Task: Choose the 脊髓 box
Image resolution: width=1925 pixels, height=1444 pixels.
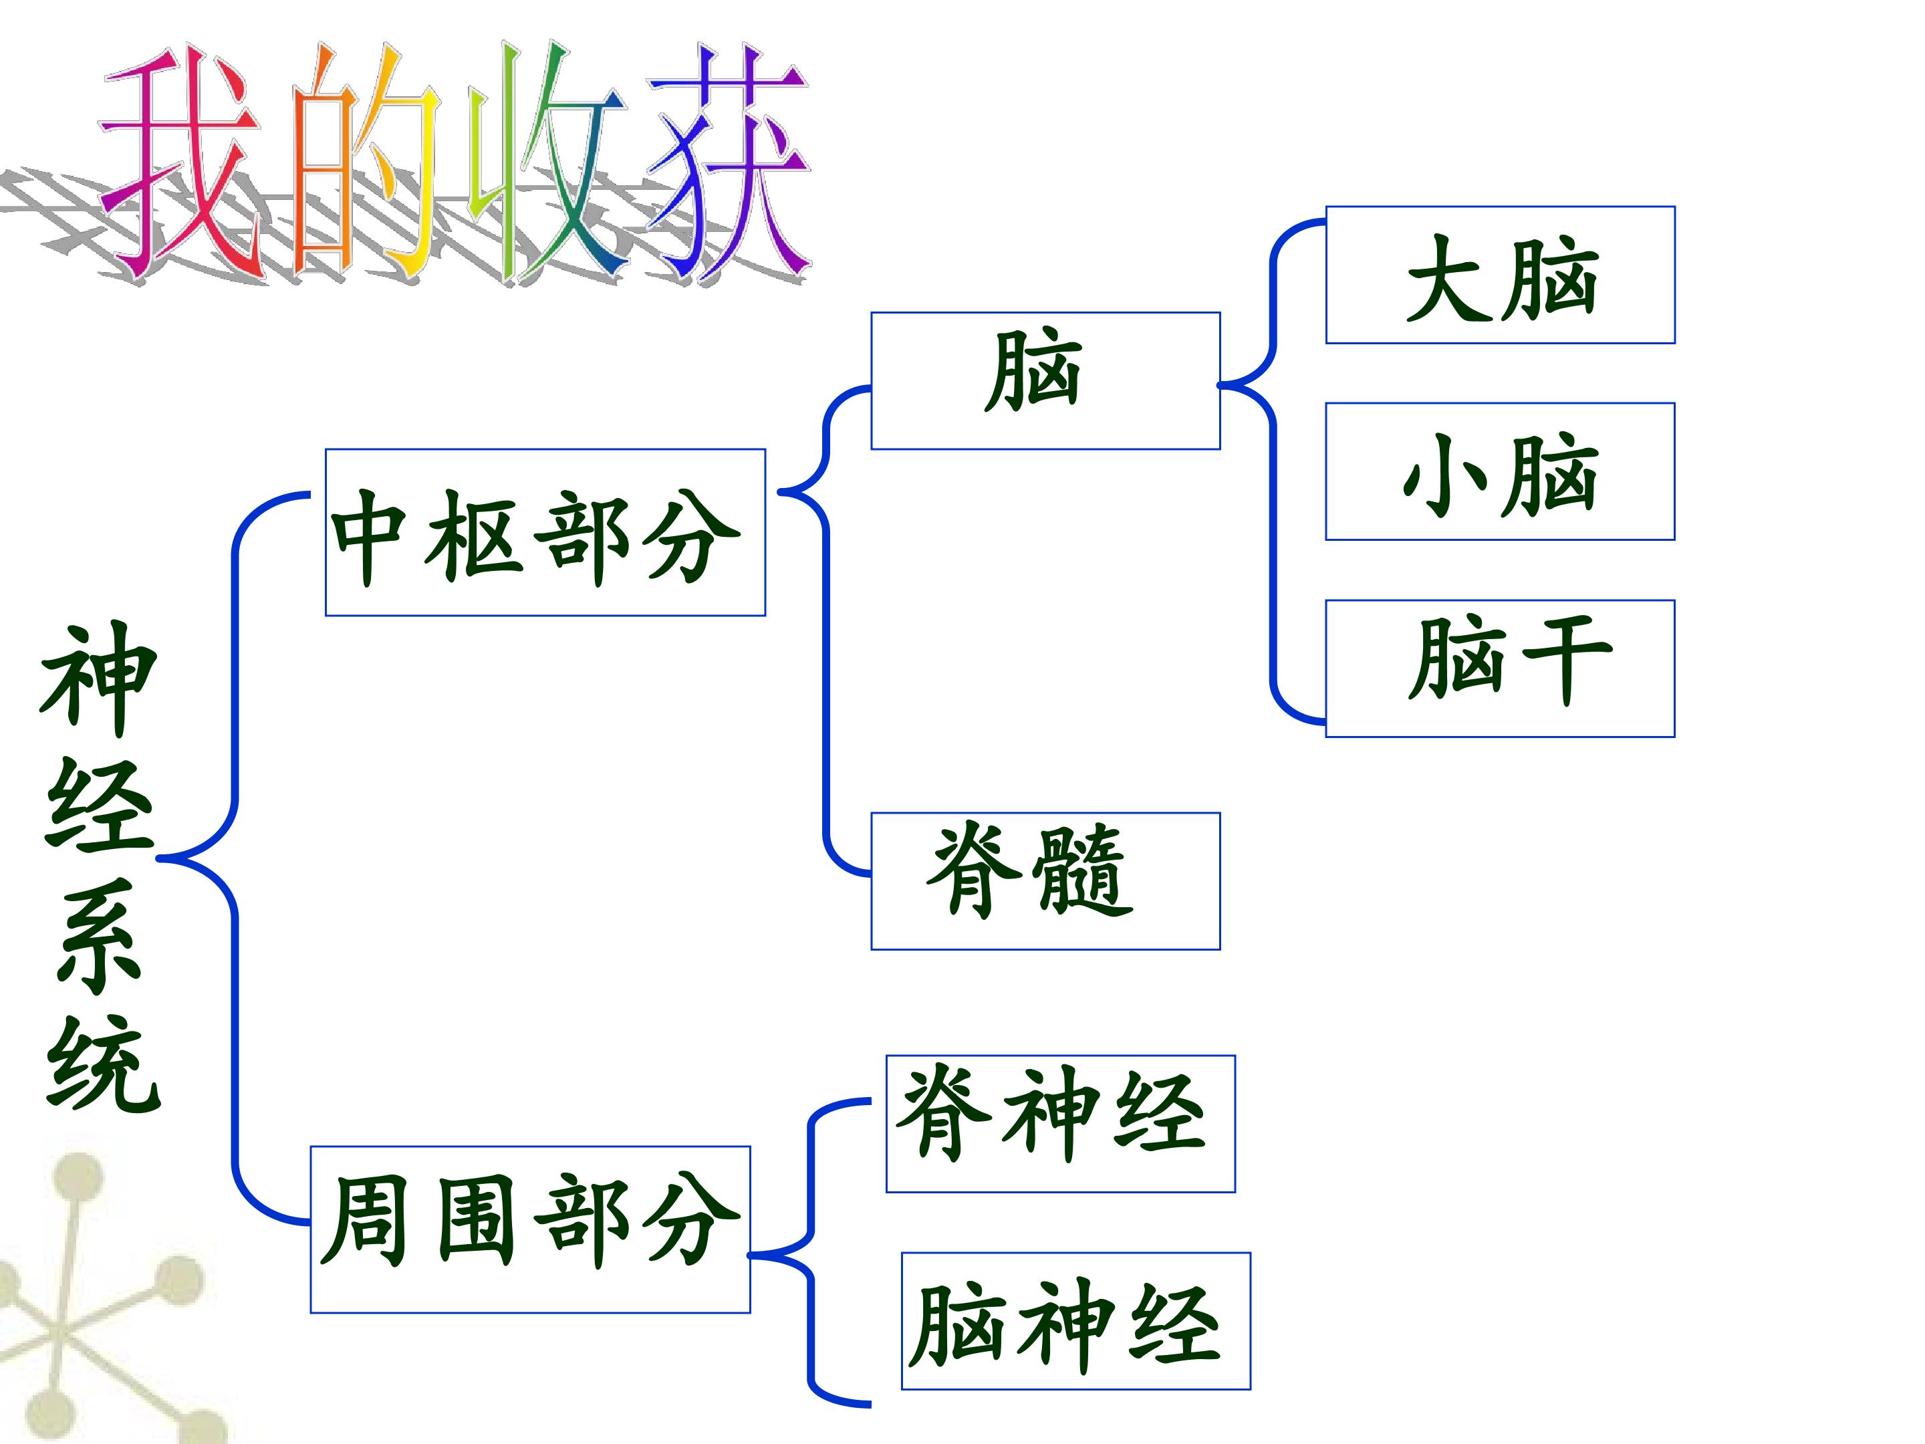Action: [1045, 881]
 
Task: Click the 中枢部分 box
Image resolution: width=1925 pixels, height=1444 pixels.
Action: [545, 533]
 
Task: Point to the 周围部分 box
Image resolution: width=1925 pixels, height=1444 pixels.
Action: [530, 1229]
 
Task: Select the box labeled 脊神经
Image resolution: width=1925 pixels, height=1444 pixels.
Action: [1060, 1124]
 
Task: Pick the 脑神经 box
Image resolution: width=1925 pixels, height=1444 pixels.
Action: [1075, 1321]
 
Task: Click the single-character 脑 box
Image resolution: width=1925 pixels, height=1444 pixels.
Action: [1045, 380]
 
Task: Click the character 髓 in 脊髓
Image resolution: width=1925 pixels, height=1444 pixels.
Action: [1084, 871]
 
